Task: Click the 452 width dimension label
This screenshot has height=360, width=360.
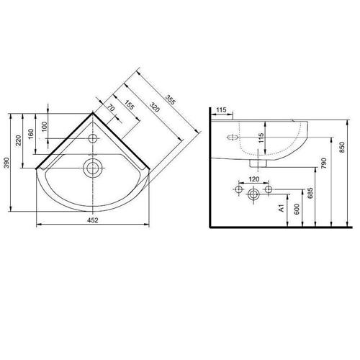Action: [x=93, y=220]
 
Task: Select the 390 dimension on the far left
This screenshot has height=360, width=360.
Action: [x=7, y=163]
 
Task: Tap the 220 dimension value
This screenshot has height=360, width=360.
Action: [x=19, y=140]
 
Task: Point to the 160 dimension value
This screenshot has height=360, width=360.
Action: [x=31, y=135]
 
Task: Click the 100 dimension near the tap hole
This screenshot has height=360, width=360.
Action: [x=45, y=127]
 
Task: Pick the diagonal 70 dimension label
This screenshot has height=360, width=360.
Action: [x=111, y=108]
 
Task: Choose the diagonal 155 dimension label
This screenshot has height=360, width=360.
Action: [x=129, y=104]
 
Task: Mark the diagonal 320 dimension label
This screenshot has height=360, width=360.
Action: [x=155, y=107]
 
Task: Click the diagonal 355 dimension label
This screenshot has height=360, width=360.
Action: [x=171, y=100]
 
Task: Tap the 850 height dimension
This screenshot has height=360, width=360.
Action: [x=342, y=147]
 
